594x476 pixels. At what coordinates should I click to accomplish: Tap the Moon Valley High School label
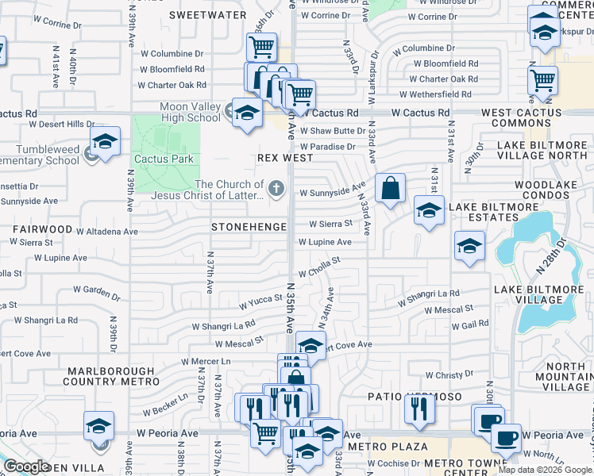coord(190,113)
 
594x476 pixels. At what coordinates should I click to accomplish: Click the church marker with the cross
coord(276,188)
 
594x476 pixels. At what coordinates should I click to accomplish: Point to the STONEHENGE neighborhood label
coord(249,227)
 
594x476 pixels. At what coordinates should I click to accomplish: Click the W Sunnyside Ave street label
coord(332,191)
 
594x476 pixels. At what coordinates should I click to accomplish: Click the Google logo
coord(26,466)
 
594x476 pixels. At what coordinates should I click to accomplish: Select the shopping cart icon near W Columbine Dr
coord(261,47)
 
